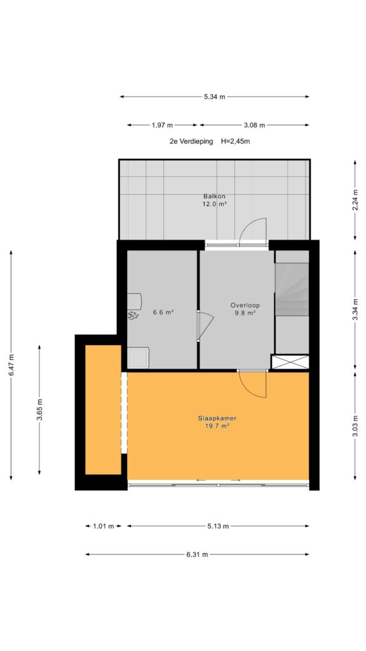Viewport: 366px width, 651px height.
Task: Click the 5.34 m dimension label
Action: [x=215, y=97]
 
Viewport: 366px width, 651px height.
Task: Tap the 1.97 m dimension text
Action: [x=162, y=125]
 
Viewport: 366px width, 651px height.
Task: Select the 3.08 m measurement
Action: [x=254, y=125]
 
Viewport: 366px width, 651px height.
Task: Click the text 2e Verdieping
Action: [x=191, y=141]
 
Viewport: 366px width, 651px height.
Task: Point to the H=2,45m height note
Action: [x=235, y=141]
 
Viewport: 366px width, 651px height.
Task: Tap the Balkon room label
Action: [x=215, y=196]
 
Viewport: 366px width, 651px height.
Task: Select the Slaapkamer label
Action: [x=214, y=418]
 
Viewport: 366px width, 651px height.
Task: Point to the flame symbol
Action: [x=133, y=315]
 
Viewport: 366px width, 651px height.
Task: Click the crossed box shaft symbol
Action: [x=290, y=362]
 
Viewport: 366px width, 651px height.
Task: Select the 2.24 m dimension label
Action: [x=355, y=200]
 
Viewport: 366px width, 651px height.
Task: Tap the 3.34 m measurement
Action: [x=355, y=310]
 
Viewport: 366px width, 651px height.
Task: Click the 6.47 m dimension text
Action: [x=11, y=365]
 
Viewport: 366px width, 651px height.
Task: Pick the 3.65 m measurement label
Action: [x=39, y=409]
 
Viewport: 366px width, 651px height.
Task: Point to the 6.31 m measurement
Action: [x=197, y=554]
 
